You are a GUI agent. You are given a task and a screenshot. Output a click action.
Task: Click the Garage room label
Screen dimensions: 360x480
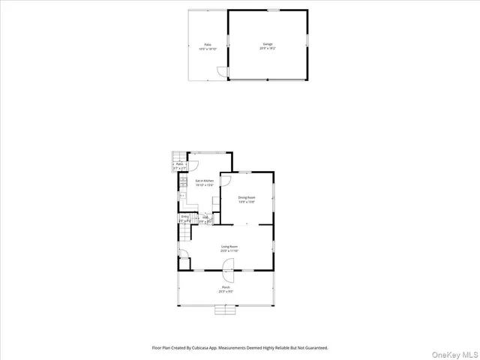coord(268,44)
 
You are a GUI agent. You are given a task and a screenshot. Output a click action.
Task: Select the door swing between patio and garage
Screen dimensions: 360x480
coord(221,72)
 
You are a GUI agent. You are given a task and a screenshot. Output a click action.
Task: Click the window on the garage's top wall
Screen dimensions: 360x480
coord(274,10)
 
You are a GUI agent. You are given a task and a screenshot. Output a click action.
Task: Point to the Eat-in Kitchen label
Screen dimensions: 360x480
coord(205,181)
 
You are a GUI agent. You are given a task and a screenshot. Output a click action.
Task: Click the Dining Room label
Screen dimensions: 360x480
coord(247,197)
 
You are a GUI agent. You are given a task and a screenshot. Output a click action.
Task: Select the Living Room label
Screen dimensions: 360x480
coord(229,246)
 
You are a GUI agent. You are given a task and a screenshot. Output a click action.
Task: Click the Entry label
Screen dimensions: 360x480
coord(184,217)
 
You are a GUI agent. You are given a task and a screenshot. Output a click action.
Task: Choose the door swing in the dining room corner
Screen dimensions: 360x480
coord(235,181)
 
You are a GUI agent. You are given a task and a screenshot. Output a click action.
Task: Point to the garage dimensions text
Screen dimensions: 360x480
coord(268,49)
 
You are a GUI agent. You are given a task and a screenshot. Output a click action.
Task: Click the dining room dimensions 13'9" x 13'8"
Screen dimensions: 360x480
coord(247,202)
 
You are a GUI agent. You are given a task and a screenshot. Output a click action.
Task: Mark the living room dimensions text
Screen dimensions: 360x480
coord(229,250)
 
